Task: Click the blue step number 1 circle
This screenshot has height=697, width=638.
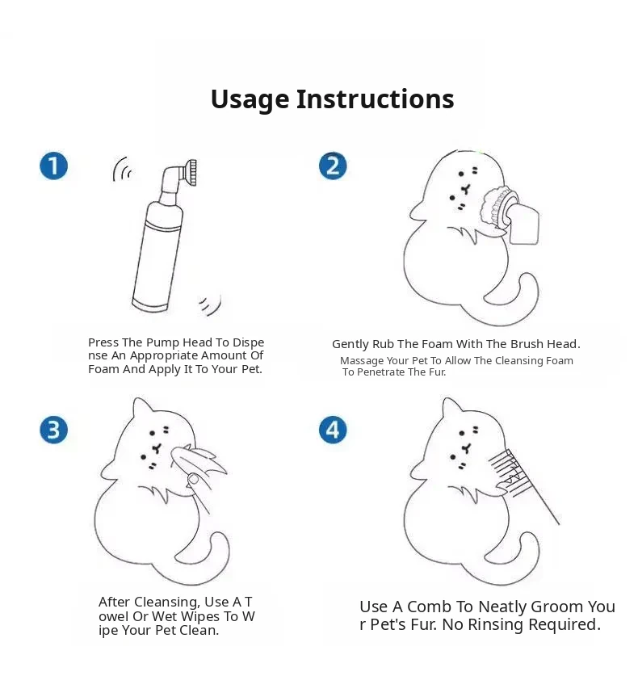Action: pyautogui.click(x=53, y=166)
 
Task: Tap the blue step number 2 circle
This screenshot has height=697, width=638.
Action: pyautogui.click(x=333, y=166)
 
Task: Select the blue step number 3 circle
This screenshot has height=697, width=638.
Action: pyautogui.click(x=53, y=430)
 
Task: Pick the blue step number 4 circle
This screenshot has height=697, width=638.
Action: pyautogui.click(x=333, y=430)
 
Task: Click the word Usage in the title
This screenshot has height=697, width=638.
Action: pyautogui.click(x=250, y=100)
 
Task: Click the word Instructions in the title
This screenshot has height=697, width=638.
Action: pyautogui.click(x=376, y=99)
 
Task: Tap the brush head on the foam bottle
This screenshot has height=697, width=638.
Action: pyautogui.click(x=192, y=173)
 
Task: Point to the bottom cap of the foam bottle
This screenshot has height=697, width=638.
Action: pyautogui.click(x=150, y=305)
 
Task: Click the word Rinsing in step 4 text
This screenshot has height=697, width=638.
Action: pyautogui.click(x=495, y=625)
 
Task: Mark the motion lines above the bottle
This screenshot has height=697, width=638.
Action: pyautogui.click(x=120, y=169)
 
